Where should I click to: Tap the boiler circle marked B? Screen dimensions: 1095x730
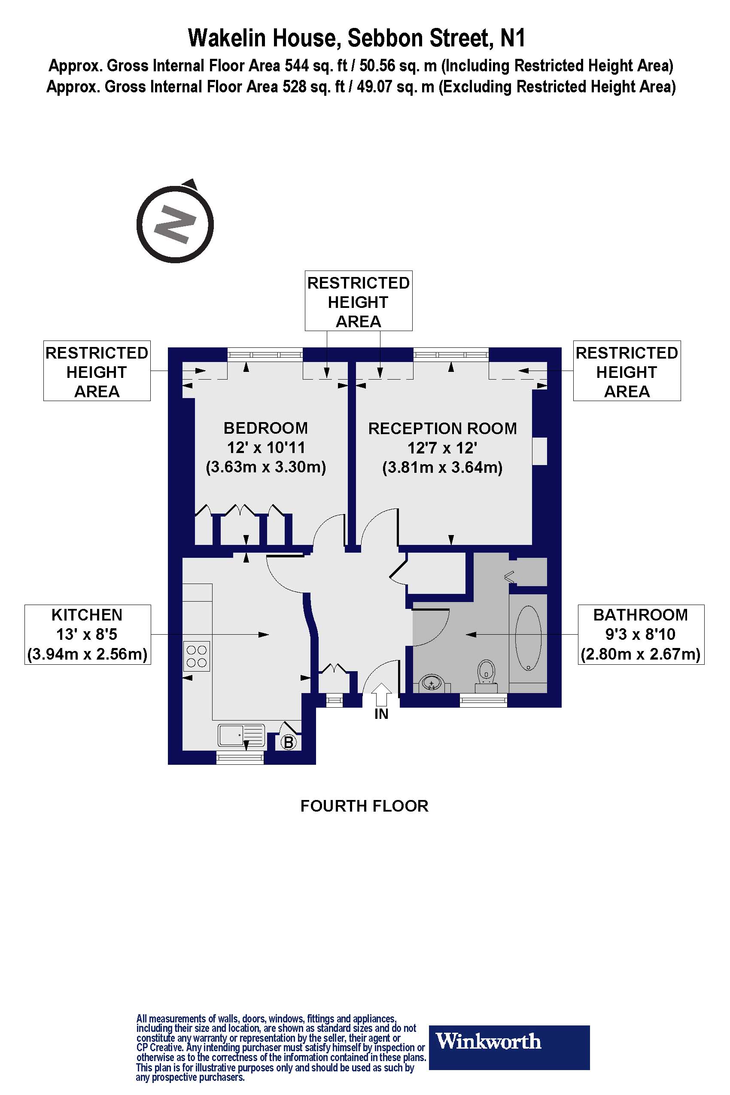click(x=289, y=742)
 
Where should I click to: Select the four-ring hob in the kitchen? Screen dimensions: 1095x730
click(x=197, y=656)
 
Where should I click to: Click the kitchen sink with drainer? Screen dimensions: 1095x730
click(x=241, y=736)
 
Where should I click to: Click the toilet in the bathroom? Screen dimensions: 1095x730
click(x=487, y=673)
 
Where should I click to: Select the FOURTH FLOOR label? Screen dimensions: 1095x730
click(x=364, y=806)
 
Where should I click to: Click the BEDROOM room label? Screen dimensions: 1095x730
click(x=265, y=428)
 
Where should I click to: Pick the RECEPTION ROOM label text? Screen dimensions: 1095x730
click(x=442, y=428)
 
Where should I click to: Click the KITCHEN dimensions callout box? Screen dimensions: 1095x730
click(x=88, y=634)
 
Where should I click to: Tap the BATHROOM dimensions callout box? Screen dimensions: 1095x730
click(x=641, y=634)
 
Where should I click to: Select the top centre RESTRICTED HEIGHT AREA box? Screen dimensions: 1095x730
click(x=359, y=301)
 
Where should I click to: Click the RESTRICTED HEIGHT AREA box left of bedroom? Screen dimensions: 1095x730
click(x=97, y=371)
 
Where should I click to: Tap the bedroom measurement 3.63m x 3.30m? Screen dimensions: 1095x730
click(x=265, y=467)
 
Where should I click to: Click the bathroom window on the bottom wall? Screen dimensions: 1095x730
click(x=483, y=700)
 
